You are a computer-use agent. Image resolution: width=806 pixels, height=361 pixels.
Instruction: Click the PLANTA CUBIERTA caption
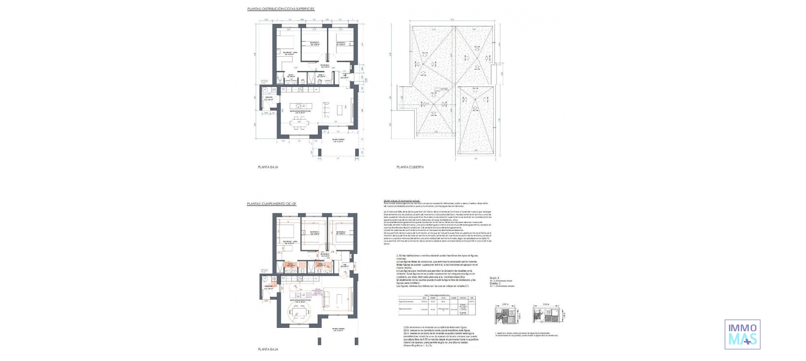click(410, 167)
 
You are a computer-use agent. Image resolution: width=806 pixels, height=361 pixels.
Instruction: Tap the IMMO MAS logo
click(742, 334)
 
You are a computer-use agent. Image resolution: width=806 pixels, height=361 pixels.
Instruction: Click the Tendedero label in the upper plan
click(268, 98)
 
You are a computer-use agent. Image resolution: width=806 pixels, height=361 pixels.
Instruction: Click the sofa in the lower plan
click(326, 299)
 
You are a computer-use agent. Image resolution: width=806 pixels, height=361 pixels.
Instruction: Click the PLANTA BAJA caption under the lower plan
click(268, 349)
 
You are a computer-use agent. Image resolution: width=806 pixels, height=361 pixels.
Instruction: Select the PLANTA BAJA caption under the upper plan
click(268, 167)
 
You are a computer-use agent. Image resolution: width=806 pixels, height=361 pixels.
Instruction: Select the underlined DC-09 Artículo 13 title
click(402, 201)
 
